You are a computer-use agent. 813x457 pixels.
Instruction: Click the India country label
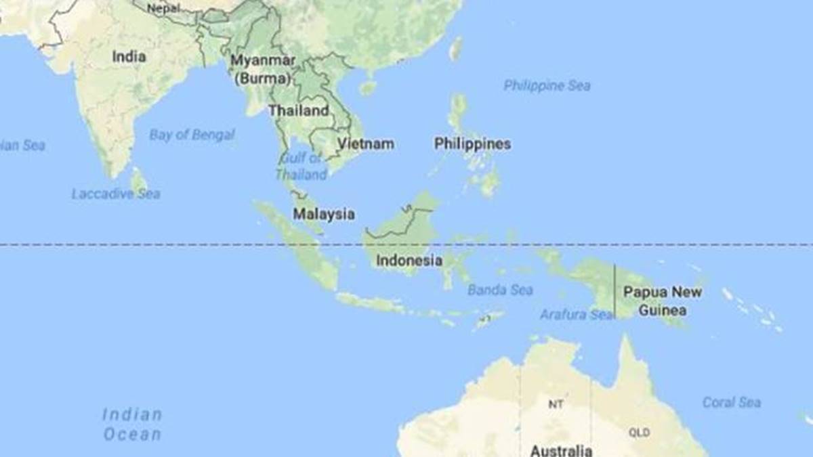pyautogui.click(x=129, y=57)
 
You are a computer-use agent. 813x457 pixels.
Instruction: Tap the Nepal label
pyautogui.click(x=164, y=8)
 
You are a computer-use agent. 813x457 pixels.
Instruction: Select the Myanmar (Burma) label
pyautogui.click(x=263, y=69)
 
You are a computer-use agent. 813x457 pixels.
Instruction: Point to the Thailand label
pyautogui.click(x=299, y=110)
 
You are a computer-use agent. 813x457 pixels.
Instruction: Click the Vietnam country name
pyautogui.click(x=366, y=144)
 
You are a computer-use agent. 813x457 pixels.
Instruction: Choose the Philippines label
pyautogui.click(x=472, y=144)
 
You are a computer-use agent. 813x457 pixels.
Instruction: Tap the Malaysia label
pyautogui.click(x=324, y=214)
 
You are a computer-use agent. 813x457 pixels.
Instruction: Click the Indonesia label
pyautogui.click(x=409, y=261)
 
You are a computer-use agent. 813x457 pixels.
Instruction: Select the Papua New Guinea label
pyautogui.click(x=663, y=301)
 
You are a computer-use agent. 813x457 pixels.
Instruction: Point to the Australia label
pyautogui.click(x=561, y=450)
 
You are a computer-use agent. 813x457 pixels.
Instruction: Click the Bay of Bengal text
pyautogui.click(x=192, y=135)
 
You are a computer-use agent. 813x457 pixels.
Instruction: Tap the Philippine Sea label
pyautogui.click(x=547, y=85)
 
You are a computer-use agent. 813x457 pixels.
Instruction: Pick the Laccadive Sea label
pyautogui.click(x=116, y=194)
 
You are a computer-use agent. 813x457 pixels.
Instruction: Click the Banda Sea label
pyautogui.click(x=500, y=290)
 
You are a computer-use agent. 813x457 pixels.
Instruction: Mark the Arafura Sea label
pyautogui.click(x=577, y=314)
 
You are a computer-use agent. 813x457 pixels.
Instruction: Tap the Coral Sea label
pyautogui.click(x=732, y=402)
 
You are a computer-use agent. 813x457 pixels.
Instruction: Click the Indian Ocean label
pyautogui.click(x=133, y=424)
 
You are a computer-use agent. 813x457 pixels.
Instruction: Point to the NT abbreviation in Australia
pyautogui.click(x=556, y=404)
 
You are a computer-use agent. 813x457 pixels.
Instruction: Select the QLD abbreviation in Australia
pyautogui.click(x=639, y=432)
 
